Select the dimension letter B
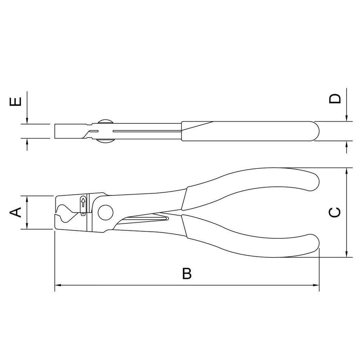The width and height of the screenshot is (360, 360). (x=186, y=274)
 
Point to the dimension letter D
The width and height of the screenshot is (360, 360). (x=335, y=98)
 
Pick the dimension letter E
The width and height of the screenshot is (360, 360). (x=15, y=102)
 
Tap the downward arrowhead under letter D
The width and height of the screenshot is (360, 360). (x=346, y=118)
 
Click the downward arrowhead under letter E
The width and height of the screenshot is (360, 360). (x=27, y=121)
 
